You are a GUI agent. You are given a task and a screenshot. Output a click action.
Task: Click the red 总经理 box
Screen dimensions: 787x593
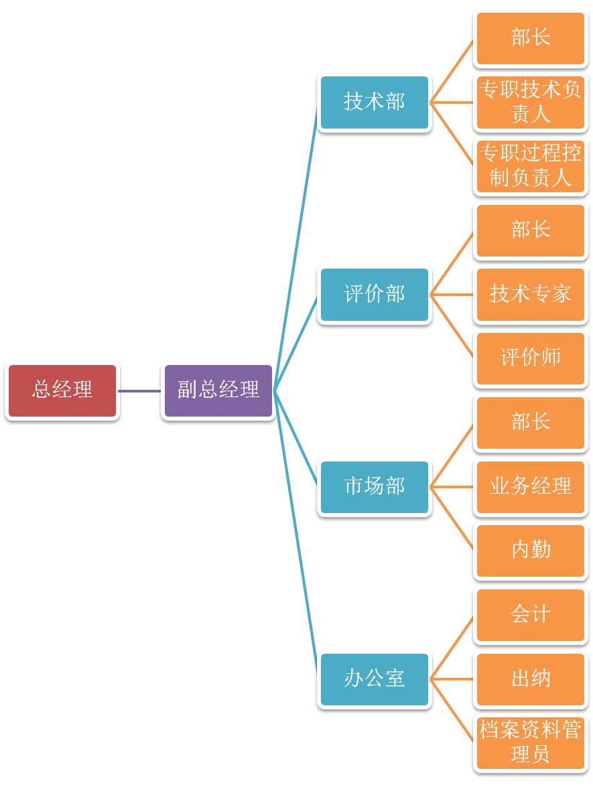pyautogui.click(x=62, y=390)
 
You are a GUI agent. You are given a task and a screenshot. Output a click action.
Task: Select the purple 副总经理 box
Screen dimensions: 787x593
pyautogui.click(x=218, y=390)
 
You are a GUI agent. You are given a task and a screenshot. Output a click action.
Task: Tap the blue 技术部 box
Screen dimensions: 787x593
pyautogui.click(x=374, y=102)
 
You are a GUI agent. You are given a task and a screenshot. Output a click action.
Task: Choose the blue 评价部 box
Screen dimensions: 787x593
pyautogui.click(x=374, y=295)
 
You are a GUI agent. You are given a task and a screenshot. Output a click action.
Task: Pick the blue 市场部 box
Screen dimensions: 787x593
pyautogui.click(x=374, y=487)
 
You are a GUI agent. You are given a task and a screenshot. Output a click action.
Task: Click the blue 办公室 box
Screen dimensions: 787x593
pyautogui.click(x=374, y=679)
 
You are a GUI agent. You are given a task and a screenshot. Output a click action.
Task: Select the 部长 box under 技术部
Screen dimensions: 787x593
pyautogui.click(x=530, y=38)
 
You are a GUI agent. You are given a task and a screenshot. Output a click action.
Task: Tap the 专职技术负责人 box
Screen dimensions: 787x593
pyautogui.click(x=530, y=102)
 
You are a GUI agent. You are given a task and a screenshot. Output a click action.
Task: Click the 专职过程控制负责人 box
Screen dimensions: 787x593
pyautogui.click(x=530, y=166)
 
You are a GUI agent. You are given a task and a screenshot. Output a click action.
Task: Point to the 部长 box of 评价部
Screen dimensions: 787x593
pyautogui.click(x=530, y=230)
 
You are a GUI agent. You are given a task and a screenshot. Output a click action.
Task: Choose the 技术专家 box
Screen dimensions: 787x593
pyautogui.click(x=530, y=295)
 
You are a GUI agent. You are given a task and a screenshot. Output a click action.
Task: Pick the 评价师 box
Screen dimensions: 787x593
pyautogui.click(x=530, y=358)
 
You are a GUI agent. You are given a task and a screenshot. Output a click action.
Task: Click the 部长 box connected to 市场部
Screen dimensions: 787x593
pyautogui.click(x=530, y=423)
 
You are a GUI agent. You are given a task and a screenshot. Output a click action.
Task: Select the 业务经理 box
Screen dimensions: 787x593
pyautogui.click(x=530, y=487)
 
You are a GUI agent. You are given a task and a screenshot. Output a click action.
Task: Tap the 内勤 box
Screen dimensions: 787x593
pyautogui.click(x=530, y=551)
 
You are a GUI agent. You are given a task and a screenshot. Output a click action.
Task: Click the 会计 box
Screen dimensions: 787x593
pyautogui.click(x=530, y=615)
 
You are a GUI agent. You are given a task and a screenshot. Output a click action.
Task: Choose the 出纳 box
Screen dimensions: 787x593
pyautogui.click(x=530, y=679)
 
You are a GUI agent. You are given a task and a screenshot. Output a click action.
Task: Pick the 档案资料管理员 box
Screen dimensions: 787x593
pyautogui.click(x=530, y=743)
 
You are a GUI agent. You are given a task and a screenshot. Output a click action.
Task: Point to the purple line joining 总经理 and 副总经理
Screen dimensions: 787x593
pyautogui.click(x=140, y=390)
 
